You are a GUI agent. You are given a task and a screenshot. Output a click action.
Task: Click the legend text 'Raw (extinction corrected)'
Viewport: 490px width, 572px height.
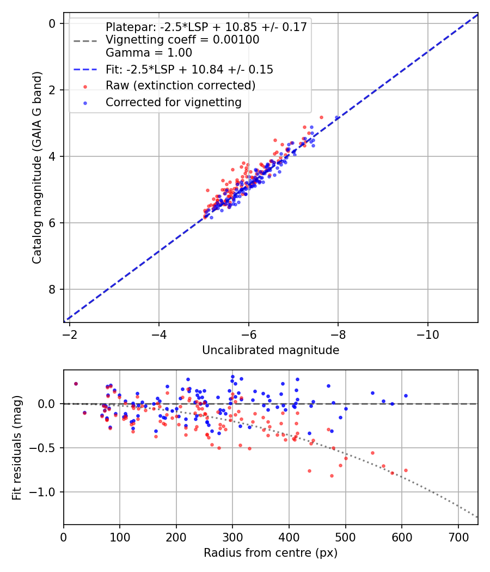(x=180, y=86)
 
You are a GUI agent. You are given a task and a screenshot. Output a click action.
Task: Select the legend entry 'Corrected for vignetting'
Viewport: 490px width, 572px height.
(x=173, y=102)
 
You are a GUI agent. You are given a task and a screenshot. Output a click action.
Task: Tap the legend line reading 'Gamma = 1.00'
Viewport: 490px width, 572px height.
(x=149, y=53)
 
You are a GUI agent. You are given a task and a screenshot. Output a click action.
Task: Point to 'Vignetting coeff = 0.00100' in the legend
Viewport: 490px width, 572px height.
(x=182, y=40)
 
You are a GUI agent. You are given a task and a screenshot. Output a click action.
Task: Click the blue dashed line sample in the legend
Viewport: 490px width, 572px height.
(x=85, y=70)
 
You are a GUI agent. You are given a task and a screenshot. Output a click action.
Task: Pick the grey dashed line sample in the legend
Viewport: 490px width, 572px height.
(x=85, y=40)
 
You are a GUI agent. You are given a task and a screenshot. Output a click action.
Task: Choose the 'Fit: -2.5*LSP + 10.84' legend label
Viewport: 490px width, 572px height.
(x=189, y=70)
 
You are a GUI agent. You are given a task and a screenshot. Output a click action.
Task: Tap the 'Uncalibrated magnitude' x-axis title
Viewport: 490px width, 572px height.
(x=271, y=350)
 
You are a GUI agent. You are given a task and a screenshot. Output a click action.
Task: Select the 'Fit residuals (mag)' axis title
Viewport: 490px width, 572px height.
(x=17, y=448)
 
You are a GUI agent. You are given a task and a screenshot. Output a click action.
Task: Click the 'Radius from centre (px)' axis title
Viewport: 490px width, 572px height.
(x=271, y=553)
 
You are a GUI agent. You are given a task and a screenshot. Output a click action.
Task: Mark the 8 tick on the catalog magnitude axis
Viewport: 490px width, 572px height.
(x=52, y=289)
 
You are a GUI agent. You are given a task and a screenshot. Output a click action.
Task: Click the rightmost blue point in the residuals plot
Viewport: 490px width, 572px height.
(x=406, y=396)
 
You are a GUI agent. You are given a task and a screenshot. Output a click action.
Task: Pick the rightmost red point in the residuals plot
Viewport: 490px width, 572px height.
(x=406, y=470)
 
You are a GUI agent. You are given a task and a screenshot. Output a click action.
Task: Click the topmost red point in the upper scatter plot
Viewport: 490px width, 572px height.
(x=321, y=117)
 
